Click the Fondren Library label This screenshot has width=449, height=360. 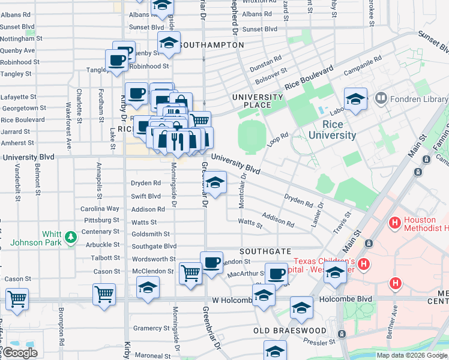point(417,97)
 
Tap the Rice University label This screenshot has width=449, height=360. point(332,130)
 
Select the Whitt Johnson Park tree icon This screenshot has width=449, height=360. point(71,237)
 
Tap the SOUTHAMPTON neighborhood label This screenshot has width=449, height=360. point(211,45)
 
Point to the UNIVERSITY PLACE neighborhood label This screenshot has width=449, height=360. point(258,101)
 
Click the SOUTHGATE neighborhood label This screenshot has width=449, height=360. point(266,251)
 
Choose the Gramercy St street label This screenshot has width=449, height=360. point(151,328)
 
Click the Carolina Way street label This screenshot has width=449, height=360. point(100,209)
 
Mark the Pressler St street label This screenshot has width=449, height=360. point(319,342)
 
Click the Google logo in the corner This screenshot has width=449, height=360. point(19,353)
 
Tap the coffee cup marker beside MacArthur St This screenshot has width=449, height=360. point(276,274)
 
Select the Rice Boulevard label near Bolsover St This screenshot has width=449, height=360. point(309,79)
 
